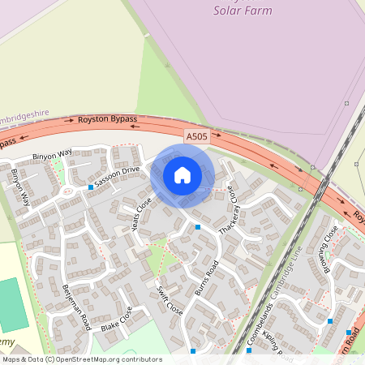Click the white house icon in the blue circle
[x=182, y=175]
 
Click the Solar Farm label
[x=243, y=11]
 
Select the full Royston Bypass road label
[x=108, y=119]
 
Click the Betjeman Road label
[x=75, y=306]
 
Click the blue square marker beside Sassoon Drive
[x=91, y=187]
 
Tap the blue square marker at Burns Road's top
[x=198, y=228]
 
